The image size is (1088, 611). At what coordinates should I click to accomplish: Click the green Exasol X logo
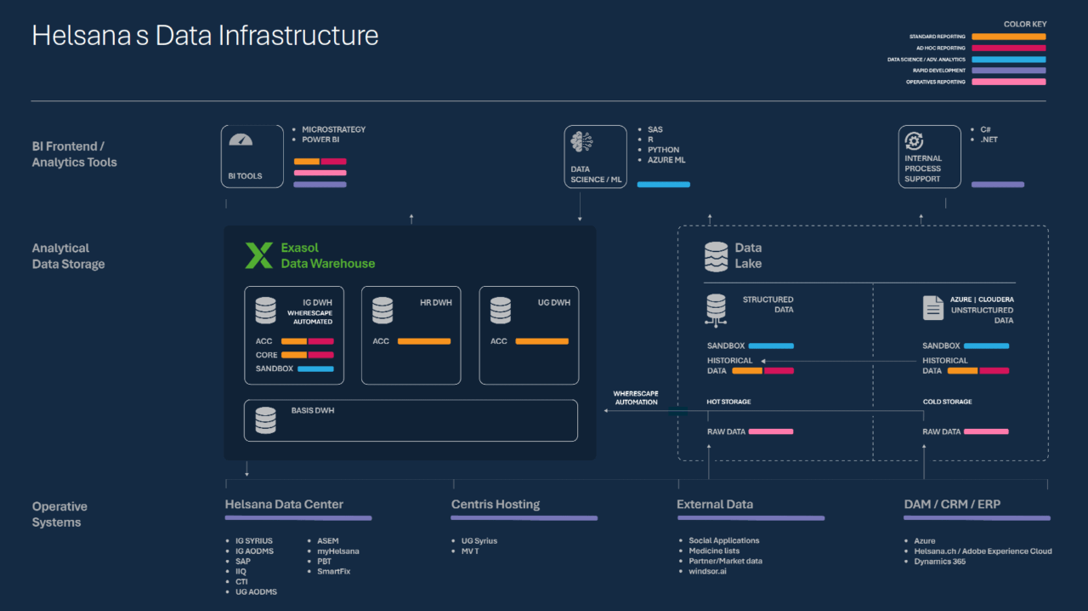pyautogui.click(x=258, y=255)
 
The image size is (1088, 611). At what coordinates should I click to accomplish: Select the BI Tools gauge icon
pyautogui.click(x=241, y=140)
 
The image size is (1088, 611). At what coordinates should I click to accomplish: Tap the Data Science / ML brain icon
pyautogui.click(x=582, y=142)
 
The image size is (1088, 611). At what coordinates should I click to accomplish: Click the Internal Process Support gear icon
pyautogui.click(x=915, y=141)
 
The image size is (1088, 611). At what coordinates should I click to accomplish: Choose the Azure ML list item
pyautogui.click(x=666, y=160)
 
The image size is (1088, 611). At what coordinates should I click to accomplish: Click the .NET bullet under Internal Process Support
pyautogui.click(x=989, y=140)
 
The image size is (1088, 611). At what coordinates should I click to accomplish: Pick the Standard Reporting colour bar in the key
pyautogui.click(x=1008, y=37)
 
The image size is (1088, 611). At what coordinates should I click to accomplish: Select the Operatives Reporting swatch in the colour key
pyautogui.click(x=1008, y=82)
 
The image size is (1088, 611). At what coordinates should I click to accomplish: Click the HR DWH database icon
pyautogui.click(x=382, y=310)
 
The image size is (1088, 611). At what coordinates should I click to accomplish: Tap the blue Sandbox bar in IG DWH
pyautogui.click(x=315, y=368)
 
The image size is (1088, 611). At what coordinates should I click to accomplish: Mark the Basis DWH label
pyautogui.click(x=313, y=410)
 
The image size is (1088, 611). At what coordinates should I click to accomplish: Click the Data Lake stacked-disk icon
pyautogui.click(x=717, y=256)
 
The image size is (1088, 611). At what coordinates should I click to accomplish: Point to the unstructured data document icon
pyautogui.click(x=933, y=307)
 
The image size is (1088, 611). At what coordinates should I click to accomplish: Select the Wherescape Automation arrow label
pyautogui.click(x=635, y=397)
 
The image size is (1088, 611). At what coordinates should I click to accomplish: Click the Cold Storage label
pyautogui.click(x=947, y=402)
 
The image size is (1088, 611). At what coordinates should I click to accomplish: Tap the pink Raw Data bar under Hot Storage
pyautogui.click(x=770, y=431)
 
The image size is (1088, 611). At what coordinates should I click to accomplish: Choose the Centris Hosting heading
pyautogui.click(x=496, y=505)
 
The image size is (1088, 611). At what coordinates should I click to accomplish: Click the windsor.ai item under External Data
pyautogui.click(x=707, y=571)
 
